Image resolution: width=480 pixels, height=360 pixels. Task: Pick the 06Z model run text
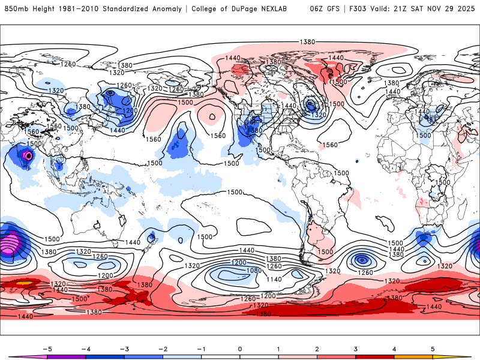(317, 9)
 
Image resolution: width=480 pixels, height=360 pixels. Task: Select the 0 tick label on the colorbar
(240, 349)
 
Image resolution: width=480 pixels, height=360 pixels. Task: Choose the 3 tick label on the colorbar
(356, 349)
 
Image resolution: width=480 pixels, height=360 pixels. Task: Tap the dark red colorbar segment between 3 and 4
(375, 357)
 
